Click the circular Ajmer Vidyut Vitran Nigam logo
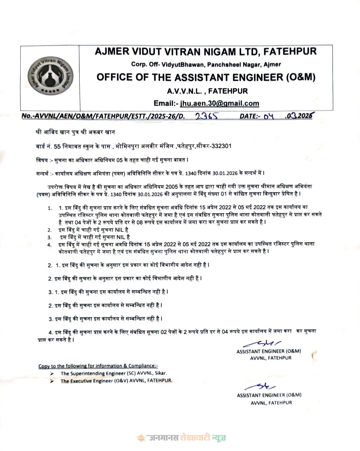(50, 77)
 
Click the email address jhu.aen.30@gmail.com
(220, 103)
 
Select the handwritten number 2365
(207, 116)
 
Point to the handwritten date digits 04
(268, 116)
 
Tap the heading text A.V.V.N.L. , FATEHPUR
(207, 91)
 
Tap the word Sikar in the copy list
(160, 373)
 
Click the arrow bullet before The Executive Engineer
(52, 381)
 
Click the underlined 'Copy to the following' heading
(98, 366)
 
